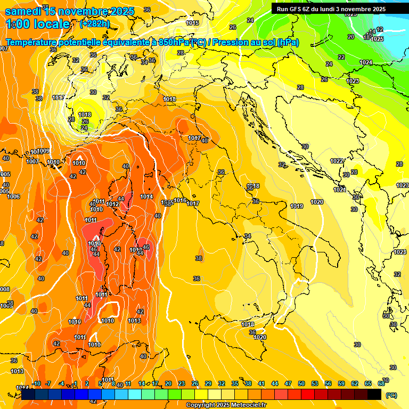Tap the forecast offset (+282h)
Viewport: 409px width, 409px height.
coord(94,24)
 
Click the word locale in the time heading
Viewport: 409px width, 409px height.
coord(51,24)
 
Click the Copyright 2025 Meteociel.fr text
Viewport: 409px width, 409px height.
coord(226,405)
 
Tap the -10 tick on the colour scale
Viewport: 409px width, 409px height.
coord(36,383)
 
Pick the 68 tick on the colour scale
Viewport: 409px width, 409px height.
coord(381,383)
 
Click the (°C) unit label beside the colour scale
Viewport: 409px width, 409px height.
coord(391,395)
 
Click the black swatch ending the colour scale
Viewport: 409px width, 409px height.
coord(374,395)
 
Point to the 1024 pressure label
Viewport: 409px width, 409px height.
coord(366,63)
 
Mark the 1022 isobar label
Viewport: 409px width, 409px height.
coord(337,161)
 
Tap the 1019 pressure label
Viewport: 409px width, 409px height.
coord(297,206)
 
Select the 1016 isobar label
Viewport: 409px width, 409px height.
coord(181,200)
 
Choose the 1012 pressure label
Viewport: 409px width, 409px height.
coord(112,204)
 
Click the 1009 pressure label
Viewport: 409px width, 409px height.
coord(43,151)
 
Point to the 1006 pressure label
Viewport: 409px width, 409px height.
coord(13,197)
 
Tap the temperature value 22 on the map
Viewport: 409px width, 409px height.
coord(341,57)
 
